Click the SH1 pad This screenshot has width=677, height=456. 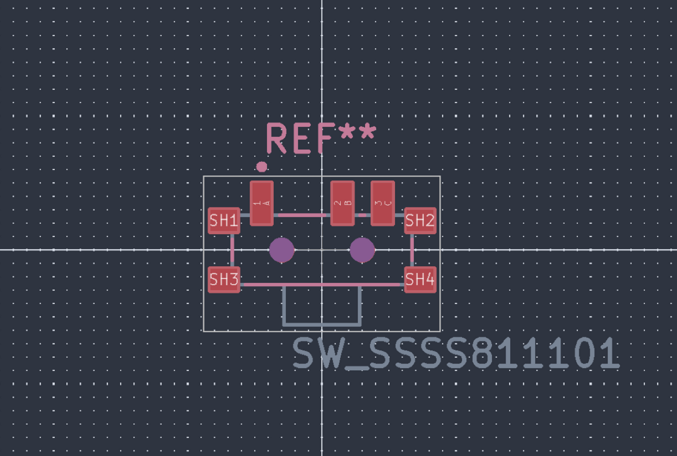coord(224,221)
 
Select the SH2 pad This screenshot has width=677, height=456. coord(419,221)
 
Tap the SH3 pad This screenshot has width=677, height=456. coord(224,279)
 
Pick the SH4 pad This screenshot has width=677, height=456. coord(419,279)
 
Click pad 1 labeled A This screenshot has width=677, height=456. coord(261,203)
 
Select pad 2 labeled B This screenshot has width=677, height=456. coord(342,203)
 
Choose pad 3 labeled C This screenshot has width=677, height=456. coord(383,203)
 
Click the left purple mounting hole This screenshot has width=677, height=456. coord(281,250)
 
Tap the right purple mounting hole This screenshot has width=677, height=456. coord(362,250)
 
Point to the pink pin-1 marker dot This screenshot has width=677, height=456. coord(261,167)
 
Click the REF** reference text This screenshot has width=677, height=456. coord(320,138)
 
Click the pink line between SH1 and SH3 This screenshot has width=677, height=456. coord(232,250)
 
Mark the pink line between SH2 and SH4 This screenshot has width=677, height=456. coord(412,250)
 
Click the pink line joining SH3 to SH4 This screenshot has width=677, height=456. coord(321,285)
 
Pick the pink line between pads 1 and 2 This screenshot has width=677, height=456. coord(302,215)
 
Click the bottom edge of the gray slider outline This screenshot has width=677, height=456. coord(321,324)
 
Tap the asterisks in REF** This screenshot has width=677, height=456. coord(357,133)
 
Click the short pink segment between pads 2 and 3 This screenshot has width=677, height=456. coord(363,215)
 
